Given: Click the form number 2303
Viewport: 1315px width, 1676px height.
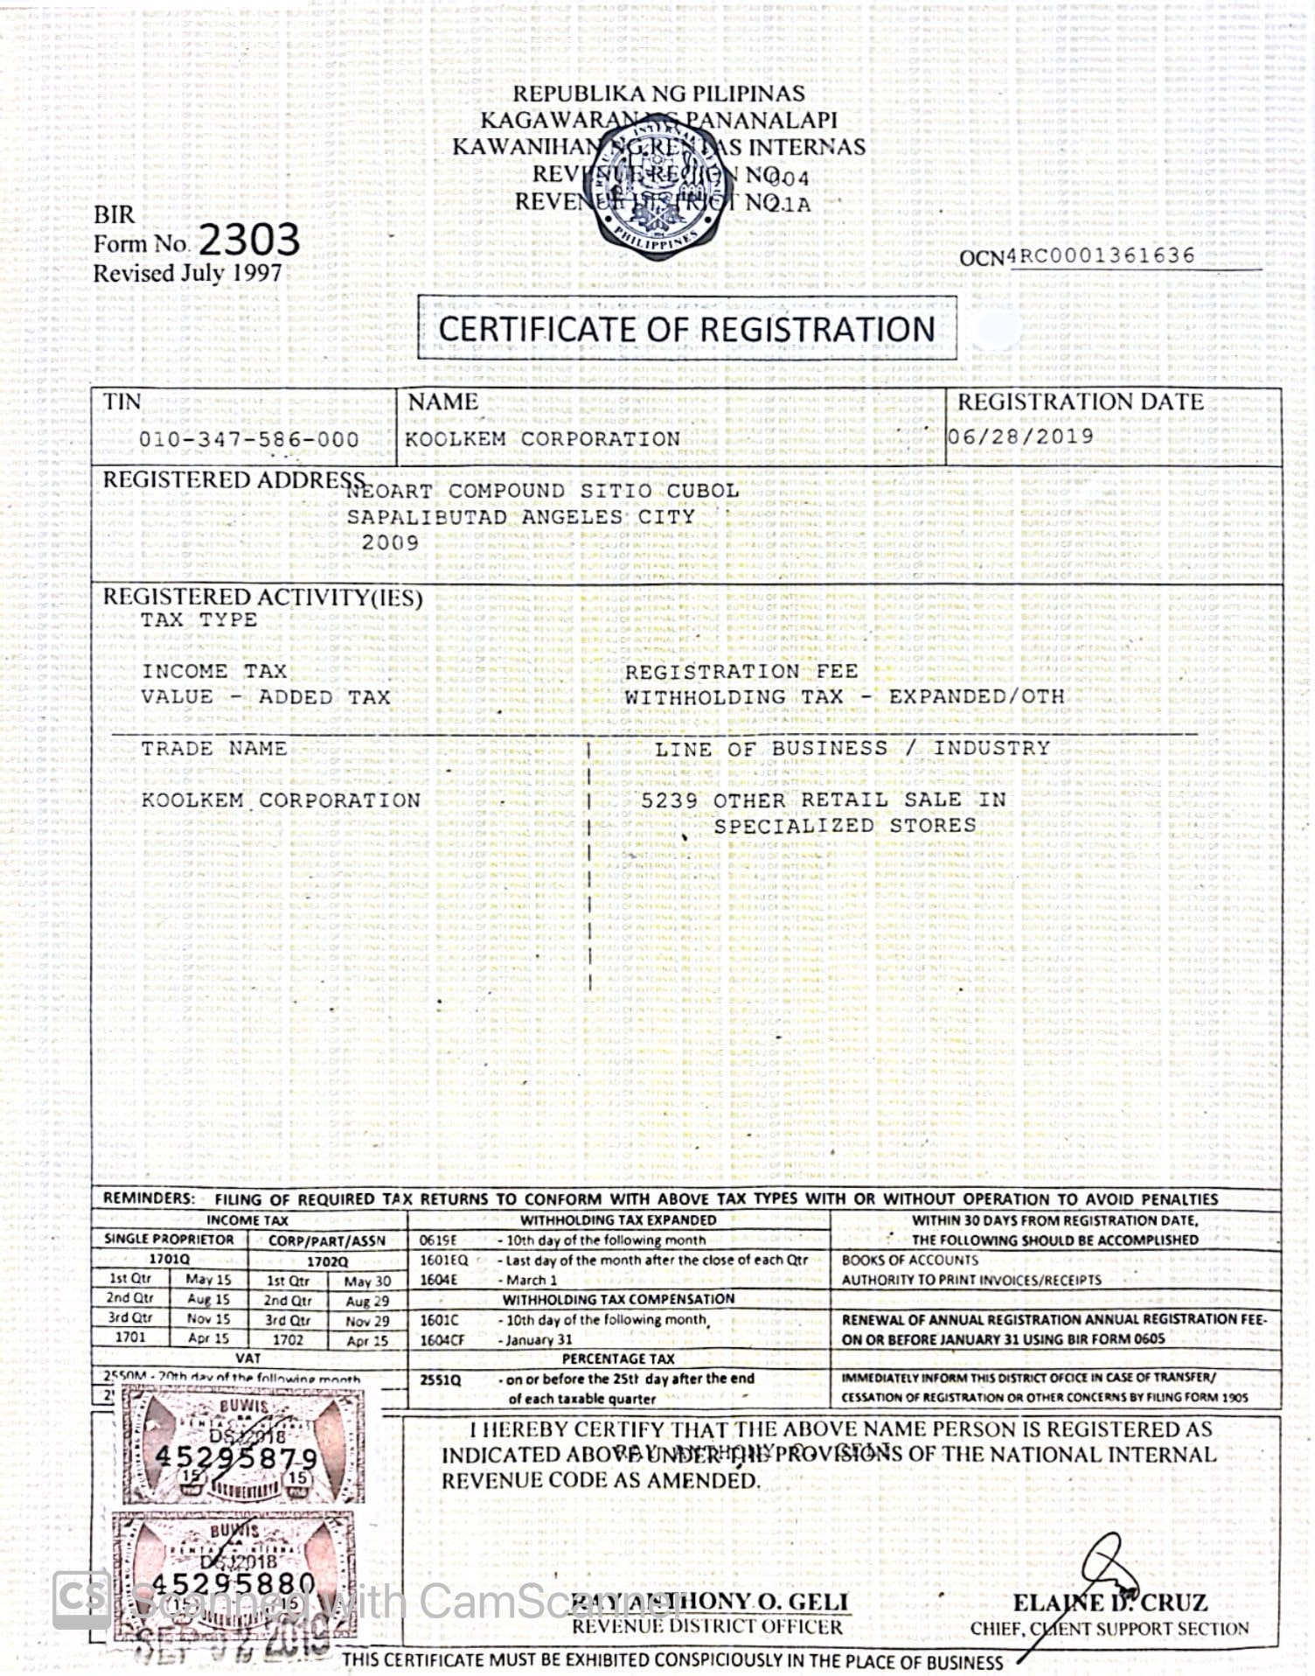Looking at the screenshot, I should pyautogui.click(x=249, y=240).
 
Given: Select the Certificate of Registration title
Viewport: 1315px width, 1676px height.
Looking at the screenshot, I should pyautogui.click(x=686, y=329).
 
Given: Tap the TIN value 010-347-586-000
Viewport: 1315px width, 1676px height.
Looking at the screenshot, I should pyautogui.click(x=249, y=439).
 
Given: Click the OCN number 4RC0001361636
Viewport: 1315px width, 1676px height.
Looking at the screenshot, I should pyautogui.click(x=1102, y=255).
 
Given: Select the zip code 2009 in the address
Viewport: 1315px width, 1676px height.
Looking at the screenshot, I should pyautogui.click(x=390, y=542).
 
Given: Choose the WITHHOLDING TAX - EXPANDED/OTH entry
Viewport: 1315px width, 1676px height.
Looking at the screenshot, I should pyautogui.click(x=844, y=697).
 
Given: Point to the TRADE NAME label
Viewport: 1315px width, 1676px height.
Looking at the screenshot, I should pyautogui.click(x=214, y=749).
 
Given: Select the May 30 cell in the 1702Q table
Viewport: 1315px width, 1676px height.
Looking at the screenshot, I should pyautogui.click(x=367, y=1281).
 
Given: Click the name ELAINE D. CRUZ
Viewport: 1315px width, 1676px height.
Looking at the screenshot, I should pyautogui.click(x=1110, y=1603).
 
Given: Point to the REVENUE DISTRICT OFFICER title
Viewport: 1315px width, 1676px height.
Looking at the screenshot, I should pyautogui.click(x=707, y=1627).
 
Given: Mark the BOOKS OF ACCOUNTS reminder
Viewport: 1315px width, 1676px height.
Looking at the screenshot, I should pyautogui.click(x=909, y=1260).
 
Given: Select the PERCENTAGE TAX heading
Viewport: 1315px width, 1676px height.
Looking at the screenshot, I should pyautogui.click(x=618, y=1359).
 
